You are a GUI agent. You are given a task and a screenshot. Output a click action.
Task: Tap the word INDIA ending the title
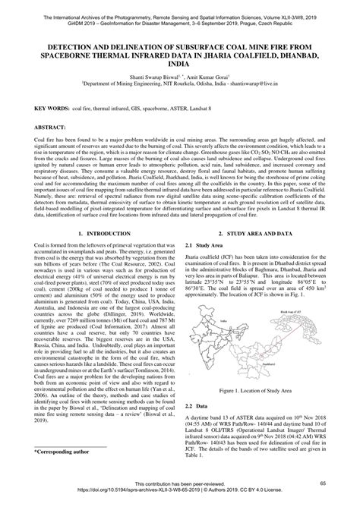tap(179, 67)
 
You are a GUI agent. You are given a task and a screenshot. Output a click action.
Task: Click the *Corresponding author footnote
tap(62, 452)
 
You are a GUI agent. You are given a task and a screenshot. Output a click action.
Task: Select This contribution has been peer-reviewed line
tap(179, 483)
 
